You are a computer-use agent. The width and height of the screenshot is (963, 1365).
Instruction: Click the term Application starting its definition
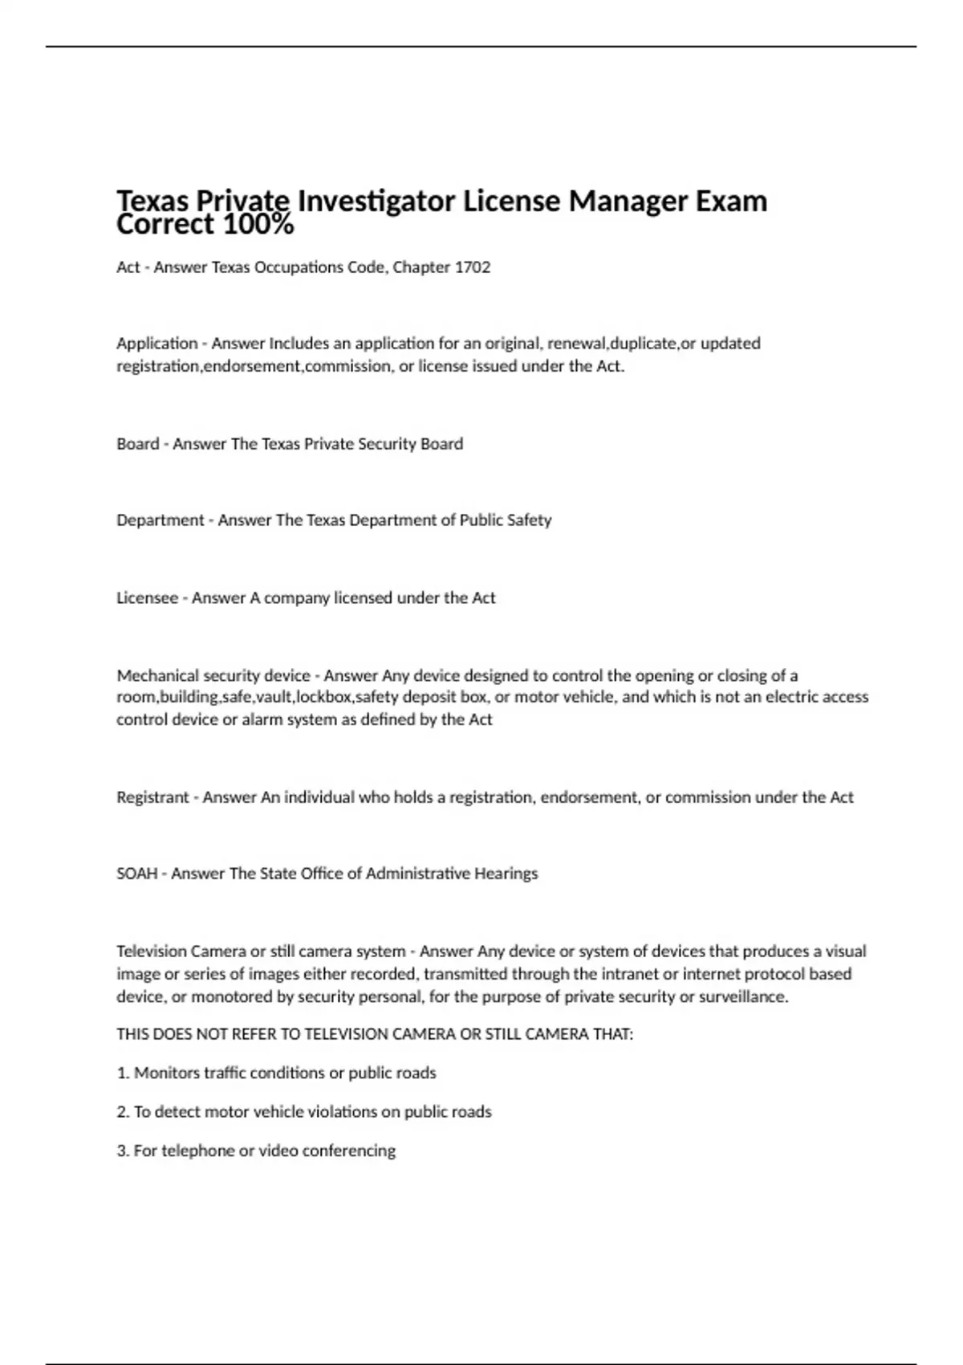coord(156,344)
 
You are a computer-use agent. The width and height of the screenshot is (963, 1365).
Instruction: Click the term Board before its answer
coord(137,444)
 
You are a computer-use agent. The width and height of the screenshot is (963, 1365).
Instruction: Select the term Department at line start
coord(160,520)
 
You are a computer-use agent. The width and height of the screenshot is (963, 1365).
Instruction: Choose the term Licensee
coord(147,598)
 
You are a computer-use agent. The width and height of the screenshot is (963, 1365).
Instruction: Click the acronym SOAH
coord(136,874)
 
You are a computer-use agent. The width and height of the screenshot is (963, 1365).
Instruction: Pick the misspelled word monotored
coord(227,997)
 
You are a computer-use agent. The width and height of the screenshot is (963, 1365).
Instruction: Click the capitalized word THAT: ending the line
coord(612,1034)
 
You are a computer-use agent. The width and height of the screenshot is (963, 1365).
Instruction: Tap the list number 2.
coord(123,1112)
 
